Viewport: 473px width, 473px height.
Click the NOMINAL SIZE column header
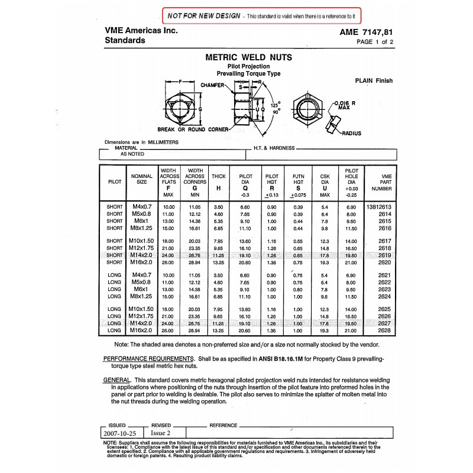142,180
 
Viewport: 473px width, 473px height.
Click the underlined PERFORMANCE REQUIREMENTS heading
148,359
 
